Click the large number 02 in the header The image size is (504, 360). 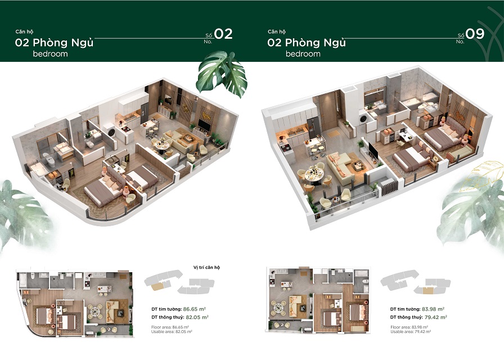pyautogui.click(x=223, y=34)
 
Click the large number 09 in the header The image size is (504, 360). pyautogui.click(x=475, y=34)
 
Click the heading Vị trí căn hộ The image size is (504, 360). pyautogui.click(x=206, y=267)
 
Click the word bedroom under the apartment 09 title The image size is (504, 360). pyautogui.click(x=303, y=54)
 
